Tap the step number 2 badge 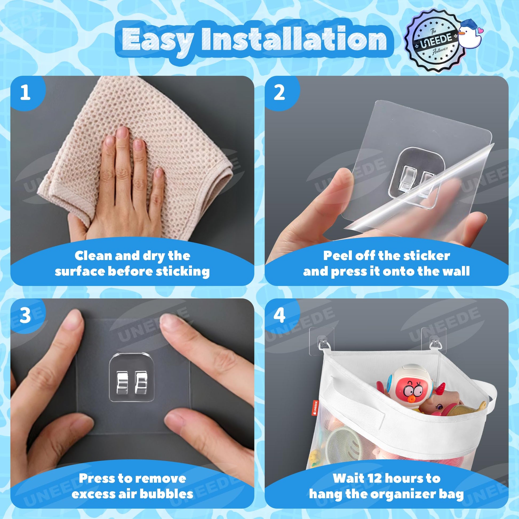click(x=280, y=93)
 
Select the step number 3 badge click(x=26, y=316)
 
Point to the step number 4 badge click(x=280, y=316)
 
